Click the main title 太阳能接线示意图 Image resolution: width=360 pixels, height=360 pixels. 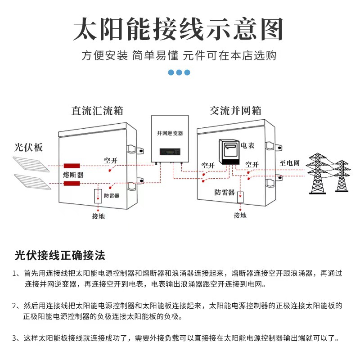[178, 29]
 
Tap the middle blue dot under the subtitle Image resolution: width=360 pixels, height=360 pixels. [179, 72]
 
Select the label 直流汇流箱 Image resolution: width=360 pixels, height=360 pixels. [97, 111]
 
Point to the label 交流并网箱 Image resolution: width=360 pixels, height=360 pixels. [235, 111]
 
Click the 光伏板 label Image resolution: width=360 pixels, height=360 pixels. [28, 148]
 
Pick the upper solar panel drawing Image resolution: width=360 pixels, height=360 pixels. [31, 164]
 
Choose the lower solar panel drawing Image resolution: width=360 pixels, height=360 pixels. [32, 182]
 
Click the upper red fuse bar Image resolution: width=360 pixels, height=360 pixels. [72, 166]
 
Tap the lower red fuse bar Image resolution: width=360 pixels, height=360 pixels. [72, 184]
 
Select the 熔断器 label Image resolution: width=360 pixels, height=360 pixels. [73, 175]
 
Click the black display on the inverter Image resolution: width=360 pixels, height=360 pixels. [170, 152]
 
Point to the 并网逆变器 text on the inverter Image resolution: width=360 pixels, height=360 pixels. [170, 133]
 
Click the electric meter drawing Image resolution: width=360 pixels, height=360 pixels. [229, 152]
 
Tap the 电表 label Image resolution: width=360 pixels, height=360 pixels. [247, 145]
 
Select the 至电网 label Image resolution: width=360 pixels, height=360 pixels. [289, 163]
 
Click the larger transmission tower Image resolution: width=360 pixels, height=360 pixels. [317, 174]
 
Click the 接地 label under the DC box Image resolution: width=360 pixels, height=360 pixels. [99, 216]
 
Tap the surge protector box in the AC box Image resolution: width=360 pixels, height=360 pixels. [240, 197]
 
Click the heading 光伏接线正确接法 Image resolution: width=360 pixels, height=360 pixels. [60, 256]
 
